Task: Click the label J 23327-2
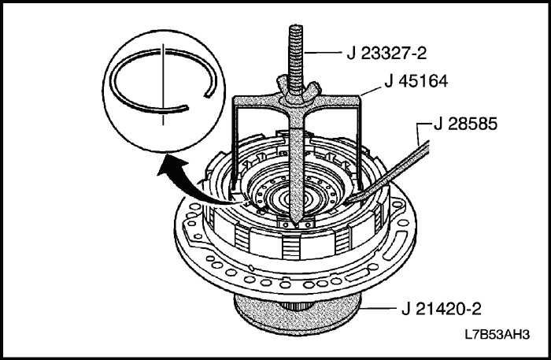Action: pyautogui.click(x=386, y=54)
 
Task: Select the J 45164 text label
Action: pyautogui.click(x=416, y=81)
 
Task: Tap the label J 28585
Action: pyautogui.click(x=466, y=124)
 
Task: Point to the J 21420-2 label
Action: pyautogui.click(x=442, y=309)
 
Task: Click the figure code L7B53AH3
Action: pyautogui.click(x=497, y=335)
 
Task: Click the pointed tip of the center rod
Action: pyautogui.click(x=296, y=225)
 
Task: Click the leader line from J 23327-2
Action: pyautogui.click(x=322, y=53)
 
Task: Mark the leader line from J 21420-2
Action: pyautogui.click(x=379, y=308)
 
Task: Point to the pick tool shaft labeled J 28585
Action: pyautogui.click(x=386, y=172)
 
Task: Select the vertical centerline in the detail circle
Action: pyautogui.click(x=163, y=84)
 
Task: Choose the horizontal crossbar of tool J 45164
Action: pyautogui.click(x=296, y=102)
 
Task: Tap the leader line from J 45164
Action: pyautogui.click(x=372, y=91)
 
